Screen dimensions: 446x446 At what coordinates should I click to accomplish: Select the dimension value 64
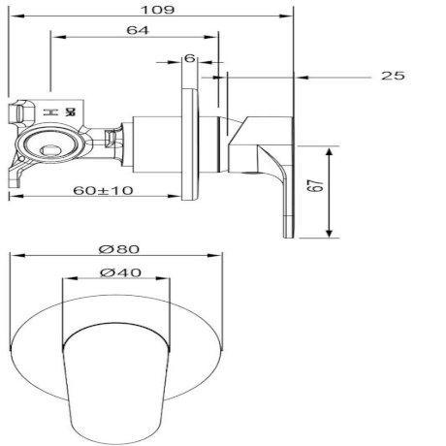click(137, 31)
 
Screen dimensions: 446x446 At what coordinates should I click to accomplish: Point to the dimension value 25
click(393, 76)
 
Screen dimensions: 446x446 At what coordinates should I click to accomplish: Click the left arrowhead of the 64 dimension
click(54, 38)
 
